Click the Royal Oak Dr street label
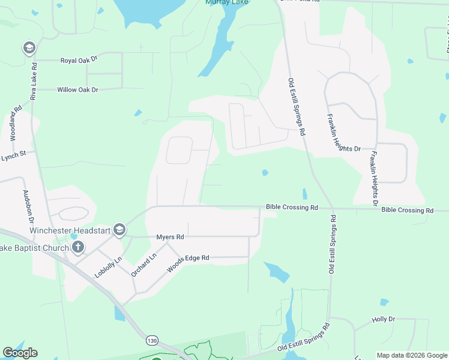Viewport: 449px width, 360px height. click(79, 61)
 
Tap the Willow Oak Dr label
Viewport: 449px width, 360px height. click(77, 89)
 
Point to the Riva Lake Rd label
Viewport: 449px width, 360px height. click(34, 80)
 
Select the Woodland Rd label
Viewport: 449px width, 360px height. click(16, 124)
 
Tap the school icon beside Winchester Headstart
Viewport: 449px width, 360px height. click(119, 230)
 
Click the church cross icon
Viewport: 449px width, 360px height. click(77, 247)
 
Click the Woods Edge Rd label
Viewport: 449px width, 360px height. click(188, 263)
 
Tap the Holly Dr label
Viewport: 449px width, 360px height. click(384, 320)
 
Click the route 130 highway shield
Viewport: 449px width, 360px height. click(151, 341)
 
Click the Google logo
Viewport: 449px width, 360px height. click(20, 353)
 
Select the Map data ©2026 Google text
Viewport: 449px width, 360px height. click(412, 355)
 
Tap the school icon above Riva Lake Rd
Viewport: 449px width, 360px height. click(28, 47)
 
